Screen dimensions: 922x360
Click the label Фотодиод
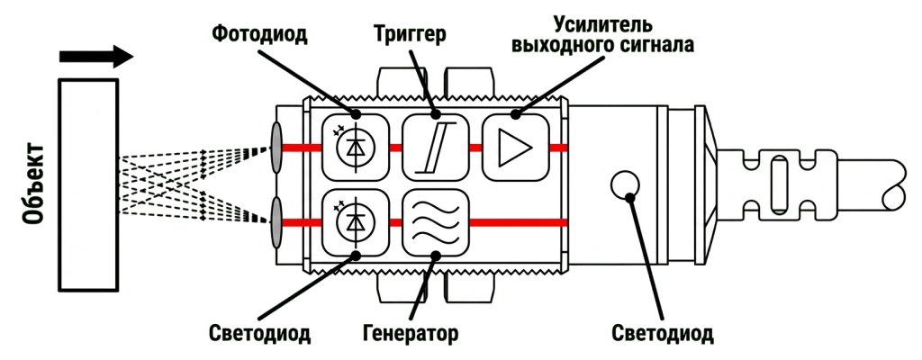(259, 33)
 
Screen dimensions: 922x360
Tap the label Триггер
(410, 33)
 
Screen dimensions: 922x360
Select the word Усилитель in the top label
(602, 24)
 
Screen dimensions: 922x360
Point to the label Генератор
(410, 334)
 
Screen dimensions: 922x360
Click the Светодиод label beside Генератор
(259, 334)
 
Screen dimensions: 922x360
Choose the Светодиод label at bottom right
(663, 334)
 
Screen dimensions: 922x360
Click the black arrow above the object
(96, 57)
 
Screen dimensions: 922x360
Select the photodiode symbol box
(356, 147)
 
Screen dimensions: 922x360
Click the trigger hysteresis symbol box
(436, 147)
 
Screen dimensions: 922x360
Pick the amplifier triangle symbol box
(516, 147)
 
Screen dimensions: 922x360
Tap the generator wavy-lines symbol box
(436, 222)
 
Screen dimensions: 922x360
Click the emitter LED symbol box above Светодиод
(356, 222)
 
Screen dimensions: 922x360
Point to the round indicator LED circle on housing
(625, 186)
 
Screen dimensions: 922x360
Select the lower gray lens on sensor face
(276, 222)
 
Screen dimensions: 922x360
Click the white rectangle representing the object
(89, 184)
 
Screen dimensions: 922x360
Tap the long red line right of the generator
(519, 222)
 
